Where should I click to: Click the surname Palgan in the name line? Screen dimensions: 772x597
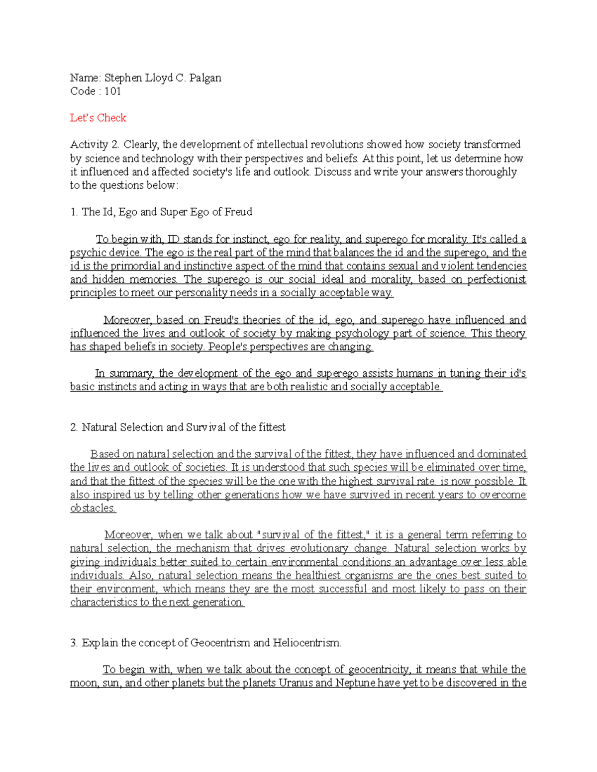pyautogui.click(x=205, y=78)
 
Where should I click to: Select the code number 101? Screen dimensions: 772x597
pyautogui.click(x=112, y=91)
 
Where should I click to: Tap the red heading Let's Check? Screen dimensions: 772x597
pyautogui.click(x=98, y=118)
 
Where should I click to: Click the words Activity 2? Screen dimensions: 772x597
pyautogui.click(x=95, y=145)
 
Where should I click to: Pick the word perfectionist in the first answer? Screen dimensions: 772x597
pyautogui.click(x=496, y=279)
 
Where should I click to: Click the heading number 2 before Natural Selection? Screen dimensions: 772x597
pyautogui.click(x=74, y=427)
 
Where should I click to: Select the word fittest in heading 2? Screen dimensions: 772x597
pyautogui.click(x=271, y=427)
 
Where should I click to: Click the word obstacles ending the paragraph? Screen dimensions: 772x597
pyautogui.click(x=93, y=508)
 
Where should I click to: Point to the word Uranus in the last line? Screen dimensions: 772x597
pyautogui.click(x=296, y=683)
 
